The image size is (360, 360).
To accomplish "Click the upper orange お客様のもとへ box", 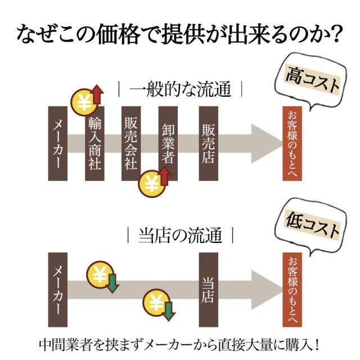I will (292, 143).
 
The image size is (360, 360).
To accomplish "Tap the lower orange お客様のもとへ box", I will (292, 289).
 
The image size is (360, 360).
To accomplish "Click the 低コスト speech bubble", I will (312, 228).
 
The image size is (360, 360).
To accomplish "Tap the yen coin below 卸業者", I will (151, 183).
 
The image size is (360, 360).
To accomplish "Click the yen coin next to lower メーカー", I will (100, 276).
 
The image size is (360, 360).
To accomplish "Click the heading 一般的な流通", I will (180, 89).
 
